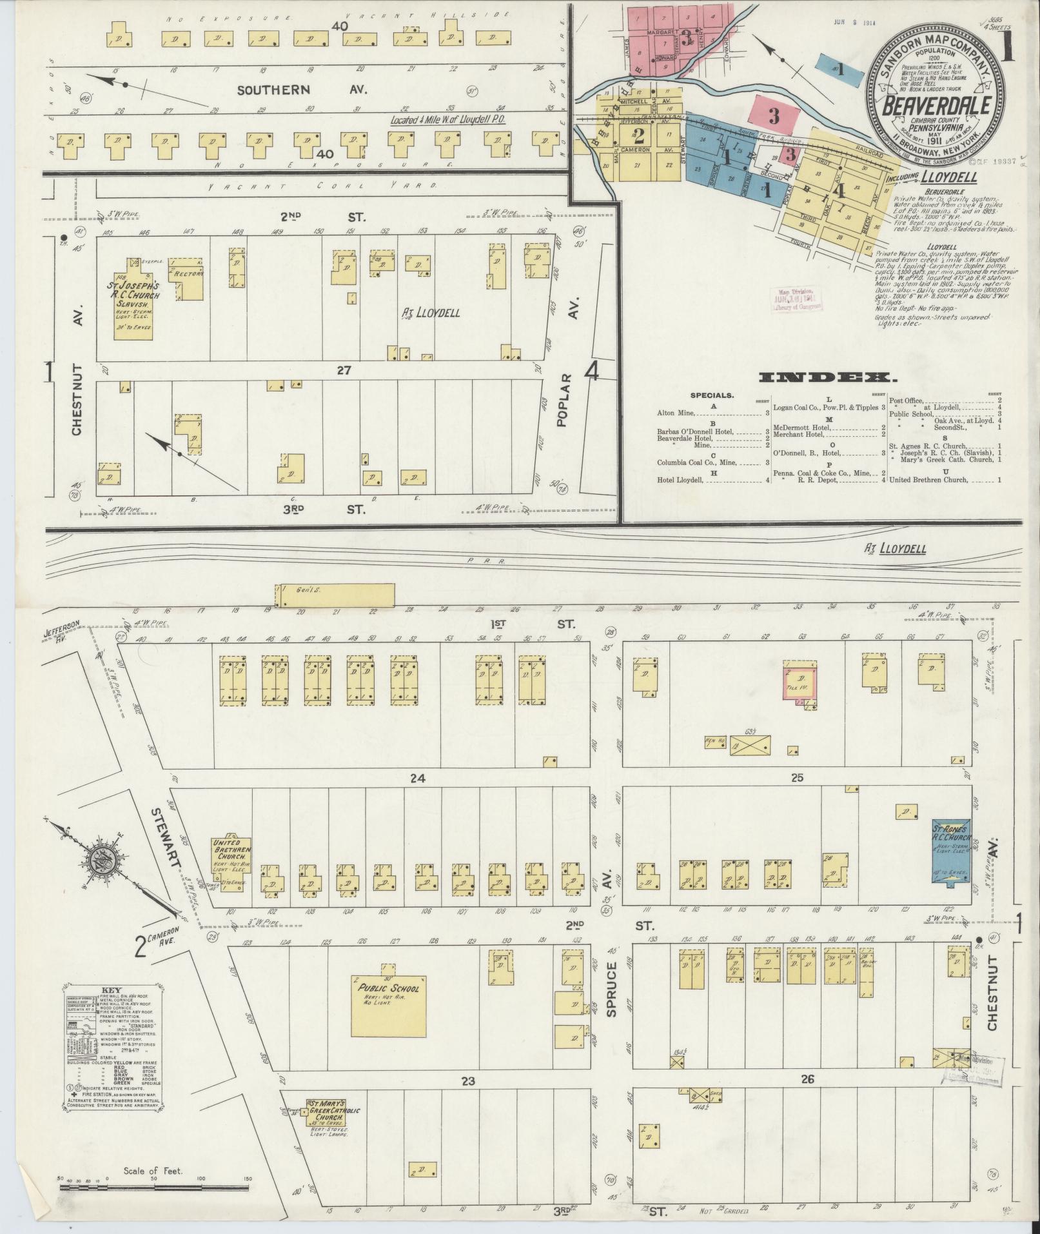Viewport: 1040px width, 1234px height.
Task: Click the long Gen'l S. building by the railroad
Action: (335, 595)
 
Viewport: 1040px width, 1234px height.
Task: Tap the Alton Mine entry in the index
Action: (676, 413)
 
